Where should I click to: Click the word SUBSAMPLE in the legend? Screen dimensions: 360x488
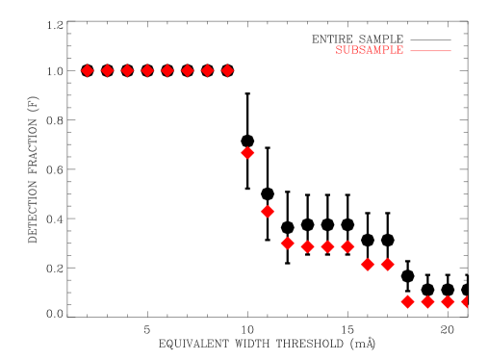click(x=370, y=50)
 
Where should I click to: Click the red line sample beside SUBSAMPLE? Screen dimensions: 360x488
click(x=430, y=50)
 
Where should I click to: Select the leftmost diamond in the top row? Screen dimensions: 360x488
click(x=88, y=70)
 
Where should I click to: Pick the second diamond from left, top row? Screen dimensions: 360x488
click(x=108, y=70)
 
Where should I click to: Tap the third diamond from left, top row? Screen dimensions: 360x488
click(x=127, y=70)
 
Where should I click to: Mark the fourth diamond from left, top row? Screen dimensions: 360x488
click(x=147, y=70)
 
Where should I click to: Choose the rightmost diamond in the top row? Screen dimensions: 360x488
click(x=227, y=70)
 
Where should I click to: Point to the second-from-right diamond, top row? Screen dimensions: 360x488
click(x=207, y=70)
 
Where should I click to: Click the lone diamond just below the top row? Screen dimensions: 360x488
click(x=247, y=152)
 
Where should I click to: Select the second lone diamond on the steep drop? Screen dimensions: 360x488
click(x=268, y=211)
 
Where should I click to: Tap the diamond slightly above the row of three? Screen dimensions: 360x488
click(x=287, y=243)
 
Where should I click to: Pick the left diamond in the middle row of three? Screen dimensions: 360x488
click(x=307, y=246)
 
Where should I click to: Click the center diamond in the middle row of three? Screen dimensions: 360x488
click(x=327, y=246)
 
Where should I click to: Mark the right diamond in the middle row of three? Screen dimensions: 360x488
click(x=347, y=246)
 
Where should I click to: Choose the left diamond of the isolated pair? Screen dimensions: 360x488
click(x=368, y=264)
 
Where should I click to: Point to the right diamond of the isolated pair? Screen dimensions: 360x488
click(x=388, y=264)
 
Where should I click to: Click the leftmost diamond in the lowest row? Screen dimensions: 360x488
click(x=407, y=301)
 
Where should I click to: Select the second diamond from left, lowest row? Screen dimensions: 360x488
click(x=427, y=301)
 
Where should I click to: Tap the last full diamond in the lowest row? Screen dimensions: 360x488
click(x=448, y=301)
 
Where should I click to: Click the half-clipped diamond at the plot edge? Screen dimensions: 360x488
click(x=465, y=301)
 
